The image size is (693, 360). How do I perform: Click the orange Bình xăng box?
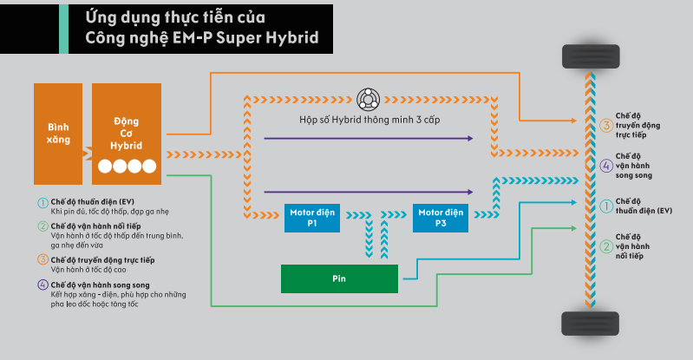click(59, 133)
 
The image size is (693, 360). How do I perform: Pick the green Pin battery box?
click(339, 280)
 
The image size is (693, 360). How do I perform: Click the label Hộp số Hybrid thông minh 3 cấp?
click(369, 119)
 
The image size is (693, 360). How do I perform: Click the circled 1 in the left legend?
click(42, 202)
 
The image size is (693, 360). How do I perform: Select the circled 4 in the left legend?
click(42, 285)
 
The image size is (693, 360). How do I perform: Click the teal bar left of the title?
click(62, 28)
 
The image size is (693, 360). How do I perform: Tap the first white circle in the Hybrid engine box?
click(104, 165)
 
